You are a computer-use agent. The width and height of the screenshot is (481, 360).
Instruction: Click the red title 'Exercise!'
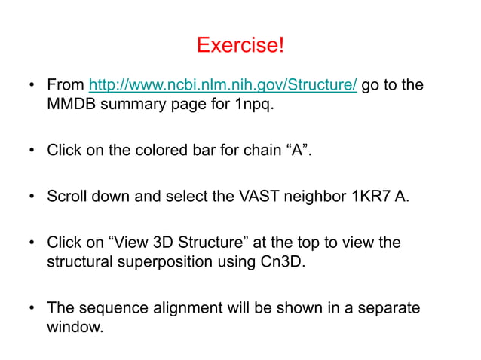(240, 45)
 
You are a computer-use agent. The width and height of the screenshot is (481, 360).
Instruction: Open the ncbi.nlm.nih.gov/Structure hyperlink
(223, 85)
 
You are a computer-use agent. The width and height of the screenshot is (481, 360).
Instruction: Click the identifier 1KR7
(368, 197)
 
